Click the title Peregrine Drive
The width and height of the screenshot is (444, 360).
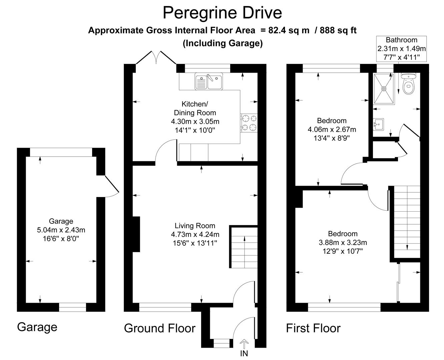[222, 13]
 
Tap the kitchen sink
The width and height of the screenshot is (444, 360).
[209, 82]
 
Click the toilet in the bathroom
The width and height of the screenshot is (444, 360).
[408, 85]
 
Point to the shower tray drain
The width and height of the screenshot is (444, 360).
[384, 89]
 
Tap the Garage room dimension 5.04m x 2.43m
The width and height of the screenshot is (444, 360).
[61, 230]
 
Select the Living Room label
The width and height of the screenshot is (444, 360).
[195, 226]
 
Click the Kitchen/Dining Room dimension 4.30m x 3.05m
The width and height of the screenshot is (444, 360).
[195, 121]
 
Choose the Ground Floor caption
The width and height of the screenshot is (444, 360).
[159, 328]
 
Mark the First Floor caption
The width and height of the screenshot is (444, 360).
[313, 328]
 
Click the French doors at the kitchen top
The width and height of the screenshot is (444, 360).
[156, 57]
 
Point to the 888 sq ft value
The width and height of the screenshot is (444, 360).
[338, 30]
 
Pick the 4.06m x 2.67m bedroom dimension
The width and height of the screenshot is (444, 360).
[332, 129]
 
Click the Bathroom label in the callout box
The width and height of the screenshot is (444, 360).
[402, 40]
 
